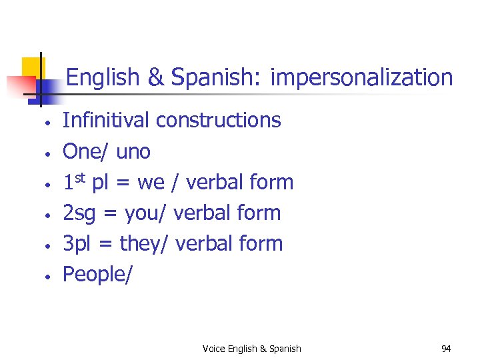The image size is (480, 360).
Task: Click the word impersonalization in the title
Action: click(x=362, y=79)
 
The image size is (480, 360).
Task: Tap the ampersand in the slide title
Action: click(x=155, y=79)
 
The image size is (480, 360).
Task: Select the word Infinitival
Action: click(x=106, y=121)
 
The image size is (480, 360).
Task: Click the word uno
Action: click(x=133, y=152)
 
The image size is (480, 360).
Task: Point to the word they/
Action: click(x=145, y=244)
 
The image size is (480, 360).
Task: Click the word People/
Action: click(x=97, y=275)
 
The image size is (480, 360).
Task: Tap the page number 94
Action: click(x=446, y=349)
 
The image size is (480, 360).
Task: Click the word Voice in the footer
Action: click(x=213, y=349)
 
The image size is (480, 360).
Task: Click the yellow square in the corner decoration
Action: click(x=31, y=69)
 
